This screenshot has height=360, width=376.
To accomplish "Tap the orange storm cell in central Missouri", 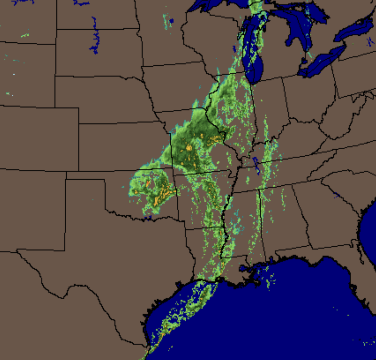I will click(x=189, y=148).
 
